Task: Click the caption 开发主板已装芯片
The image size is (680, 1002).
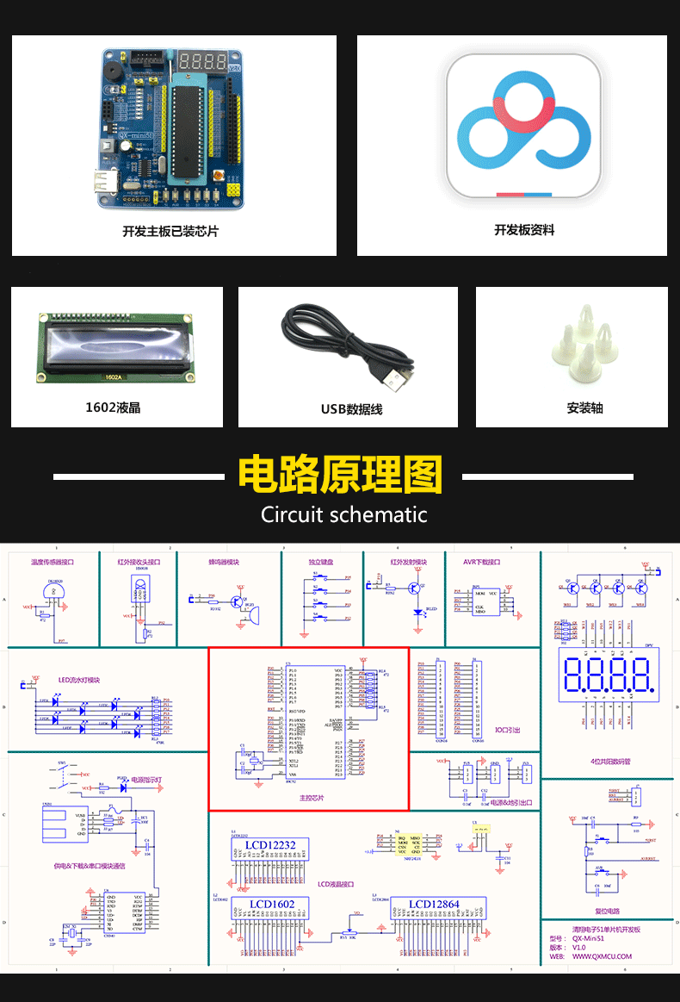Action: (170, 232)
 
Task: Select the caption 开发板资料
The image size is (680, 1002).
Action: (523, 230)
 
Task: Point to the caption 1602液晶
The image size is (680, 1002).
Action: (113, 408)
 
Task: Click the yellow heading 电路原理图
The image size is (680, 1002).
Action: (339, 475)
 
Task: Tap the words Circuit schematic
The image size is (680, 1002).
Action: (343, 515)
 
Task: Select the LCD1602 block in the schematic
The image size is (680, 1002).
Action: (272, 904)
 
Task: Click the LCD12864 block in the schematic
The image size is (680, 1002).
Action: (434, 904)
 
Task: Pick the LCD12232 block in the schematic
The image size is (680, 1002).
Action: (270, 845)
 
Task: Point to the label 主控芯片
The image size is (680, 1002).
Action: (308, 798)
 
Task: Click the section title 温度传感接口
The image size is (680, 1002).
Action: (53, 562)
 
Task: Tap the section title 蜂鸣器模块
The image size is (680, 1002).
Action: (223, 562)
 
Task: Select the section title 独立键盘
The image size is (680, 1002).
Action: (322, 562)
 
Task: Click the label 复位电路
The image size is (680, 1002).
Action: (607, 911)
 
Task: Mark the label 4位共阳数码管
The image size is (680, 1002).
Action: (611, 762)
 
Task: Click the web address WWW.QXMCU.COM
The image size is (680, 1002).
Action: (602, 955)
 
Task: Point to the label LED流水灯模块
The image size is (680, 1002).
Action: (79, 680)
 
